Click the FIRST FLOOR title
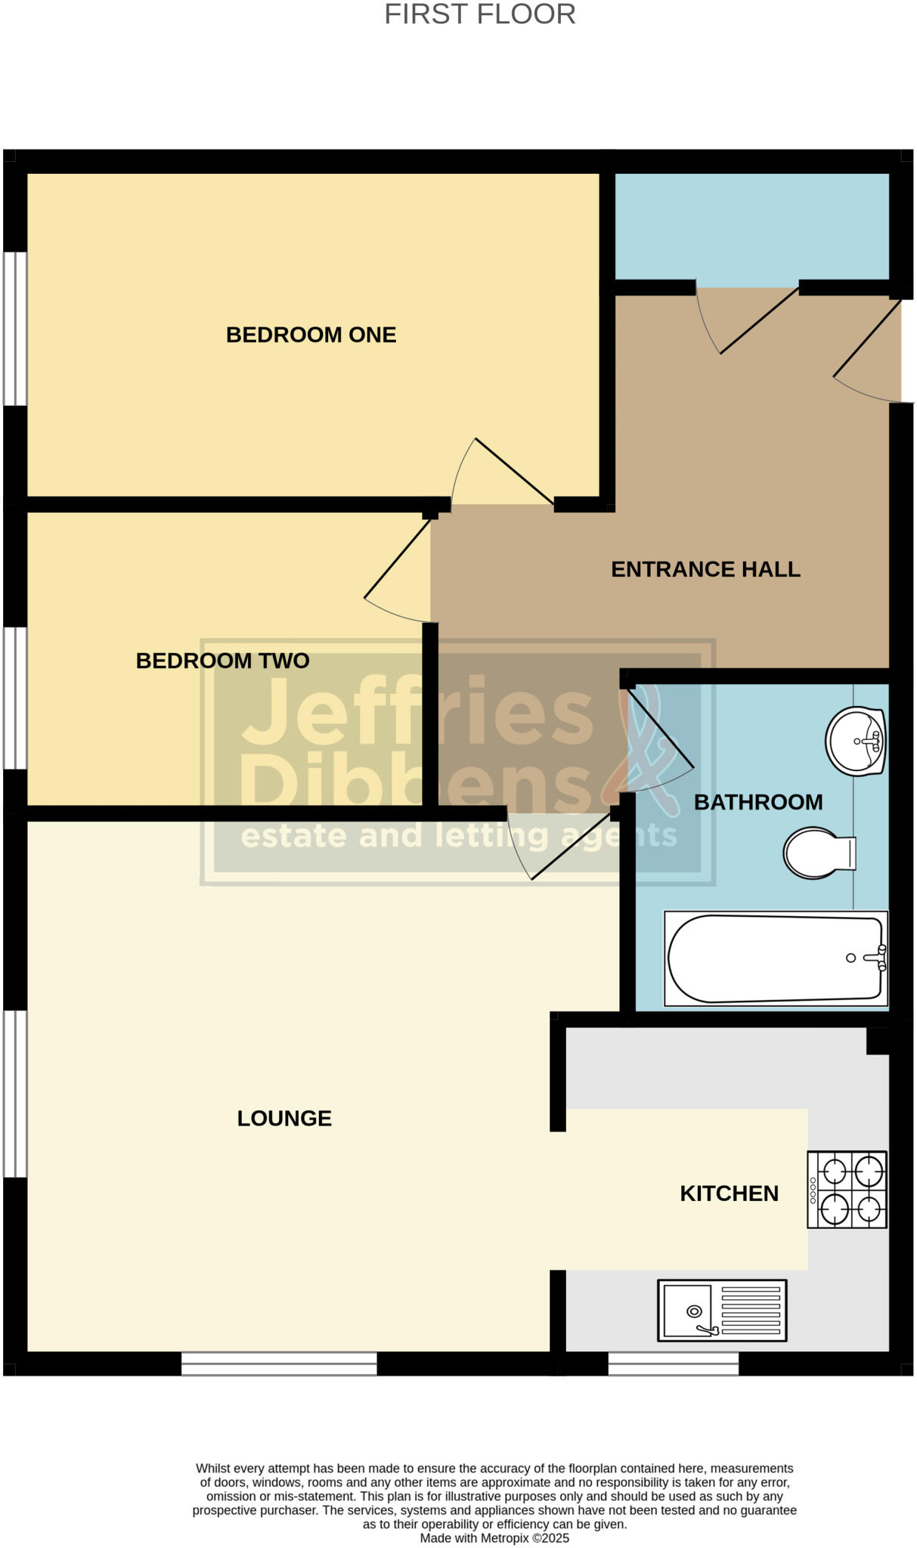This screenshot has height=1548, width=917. pos(479,14)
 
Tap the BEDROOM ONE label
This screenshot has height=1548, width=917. pos(311,335)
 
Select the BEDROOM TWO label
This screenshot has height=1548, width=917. pos(222,661)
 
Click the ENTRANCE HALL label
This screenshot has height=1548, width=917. pos(705,569)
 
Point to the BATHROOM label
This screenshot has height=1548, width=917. pos(757,802)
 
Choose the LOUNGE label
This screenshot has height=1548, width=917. pos(284,1118)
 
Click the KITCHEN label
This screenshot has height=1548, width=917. pos(729,1193)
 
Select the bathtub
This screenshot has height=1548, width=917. pos(776,958)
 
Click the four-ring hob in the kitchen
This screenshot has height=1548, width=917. pos(847,1189)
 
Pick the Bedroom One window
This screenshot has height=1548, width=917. pos(15,328)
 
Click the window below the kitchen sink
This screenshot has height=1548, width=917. pos(673,1363)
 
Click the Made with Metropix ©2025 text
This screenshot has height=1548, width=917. pos(494,1537)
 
